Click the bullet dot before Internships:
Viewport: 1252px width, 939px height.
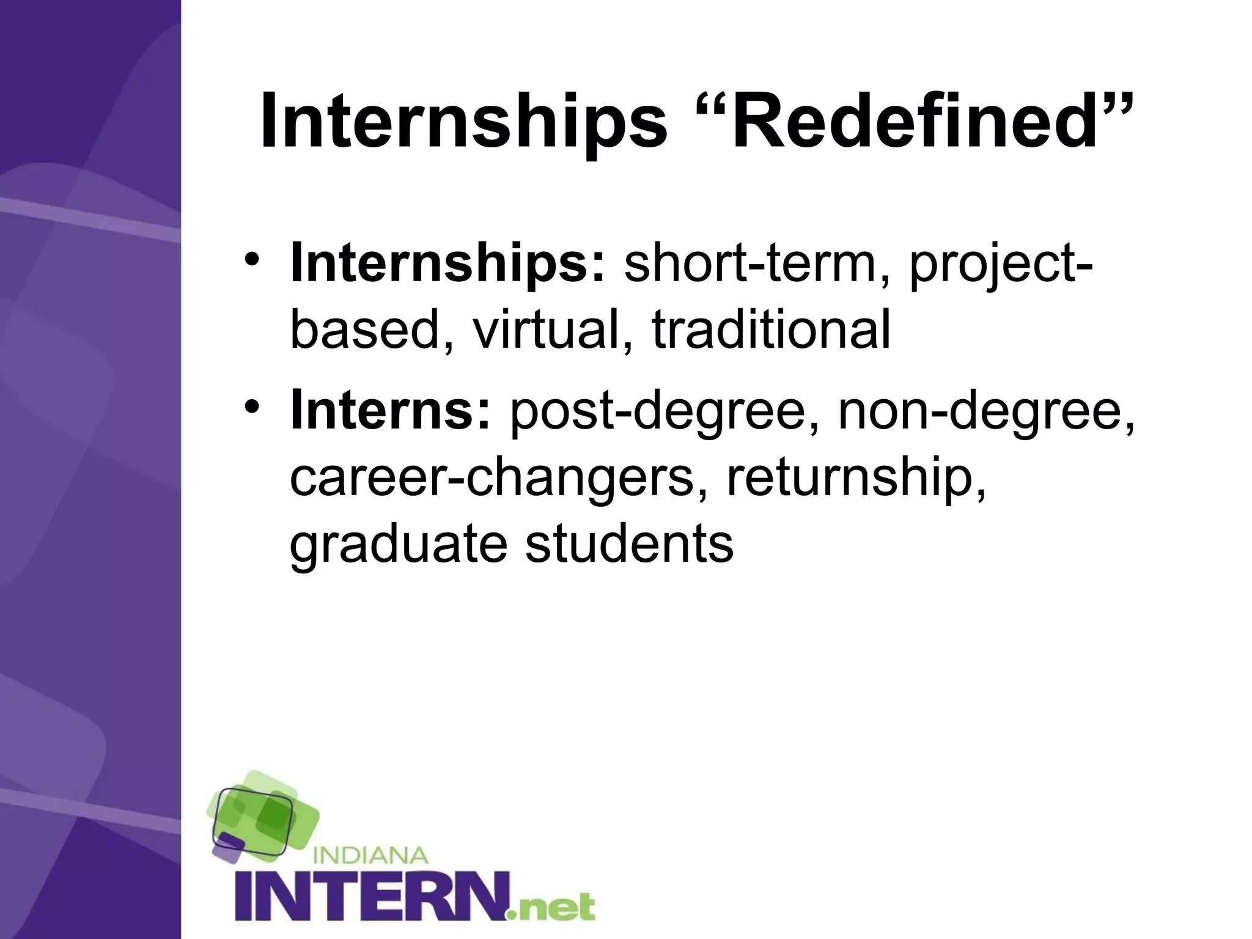(x=252, y=262)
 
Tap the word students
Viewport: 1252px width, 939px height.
(x=629, y=544)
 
